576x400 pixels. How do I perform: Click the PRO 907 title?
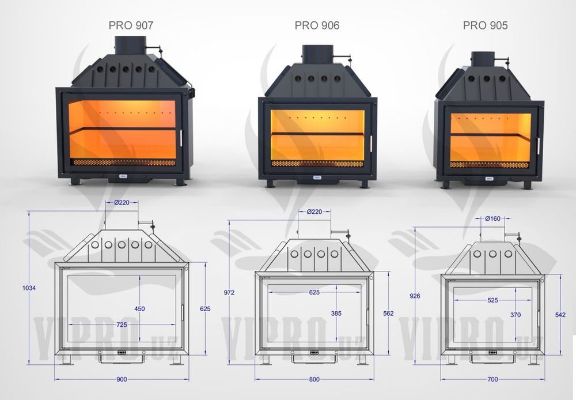(131, 25)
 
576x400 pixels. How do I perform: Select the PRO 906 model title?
(317, 25)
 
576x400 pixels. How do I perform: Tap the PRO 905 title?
(485, 25)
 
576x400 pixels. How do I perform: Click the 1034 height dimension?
(29, 288)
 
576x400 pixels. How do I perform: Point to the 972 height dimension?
(229, 293)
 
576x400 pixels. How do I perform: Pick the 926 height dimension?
(415, 296)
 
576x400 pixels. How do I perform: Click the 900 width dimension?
(122, 379)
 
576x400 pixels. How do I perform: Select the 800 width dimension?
(314, 379)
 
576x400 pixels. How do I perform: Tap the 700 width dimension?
(492, 379)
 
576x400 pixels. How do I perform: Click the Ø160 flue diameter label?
(492, 218)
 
